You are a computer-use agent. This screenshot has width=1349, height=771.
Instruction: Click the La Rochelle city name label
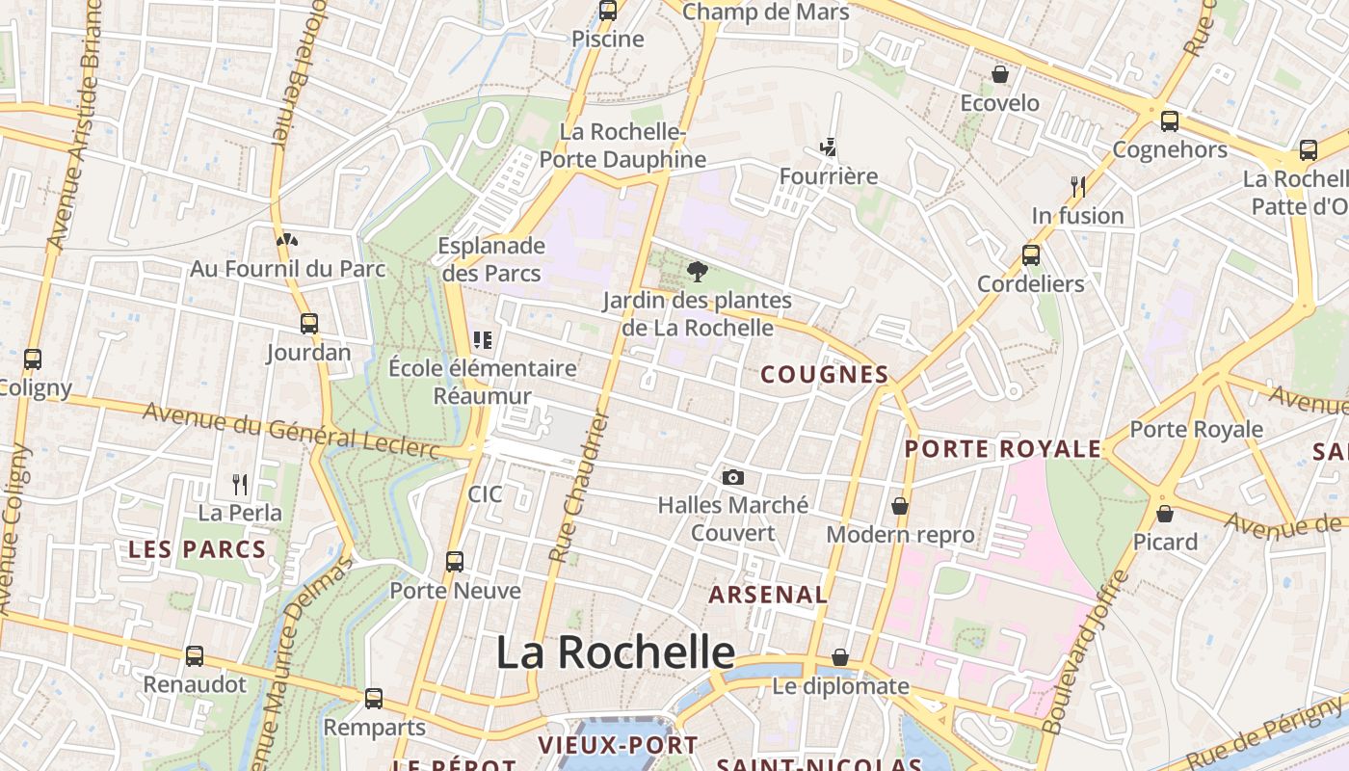615,652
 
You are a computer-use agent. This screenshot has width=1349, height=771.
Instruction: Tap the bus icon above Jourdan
309,324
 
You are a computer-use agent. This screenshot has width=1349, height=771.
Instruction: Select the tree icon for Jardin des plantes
698,272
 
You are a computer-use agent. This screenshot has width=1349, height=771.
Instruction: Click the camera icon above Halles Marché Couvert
733,477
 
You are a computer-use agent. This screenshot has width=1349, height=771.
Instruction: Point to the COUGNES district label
824,375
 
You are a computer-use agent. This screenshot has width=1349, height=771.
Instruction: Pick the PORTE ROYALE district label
1002,449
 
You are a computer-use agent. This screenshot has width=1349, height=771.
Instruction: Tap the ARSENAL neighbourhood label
768,595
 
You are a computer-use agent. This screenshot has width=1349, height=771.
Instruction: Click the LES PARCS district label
198,550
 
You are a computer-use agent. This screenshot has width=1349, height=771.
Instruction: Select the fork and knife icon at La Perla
240,484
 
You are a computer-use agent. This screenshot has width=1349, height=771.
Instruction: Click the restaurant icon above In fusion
1078,186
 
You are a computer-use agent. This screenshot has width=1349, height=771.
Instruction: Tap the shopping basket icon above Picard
1165,514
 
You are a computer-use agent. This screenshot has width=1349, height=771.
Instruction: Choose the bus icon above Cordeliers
1031,255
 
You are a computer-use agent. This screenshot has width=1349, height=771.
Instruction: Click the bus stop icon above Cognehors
1170,121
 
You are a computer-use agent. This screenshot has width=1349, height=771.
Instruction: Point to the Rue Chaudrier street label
580,487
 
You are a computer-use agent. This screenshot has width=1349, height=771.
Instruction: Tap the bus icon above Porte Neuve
455,562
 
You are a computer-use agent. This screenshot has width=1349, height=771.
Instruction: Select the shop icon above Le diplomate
840,657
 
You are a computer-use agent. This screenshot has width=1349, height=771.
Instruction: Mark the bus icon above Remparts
374,699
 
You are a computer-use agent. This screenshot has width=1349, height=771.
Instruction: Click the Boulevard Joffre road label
1084,651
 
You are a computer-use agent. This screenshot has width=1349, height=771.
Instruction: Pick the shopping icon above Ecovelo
1000,74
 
